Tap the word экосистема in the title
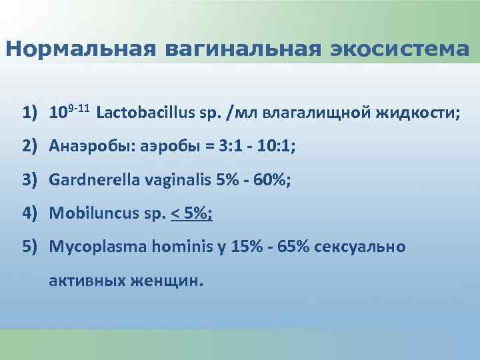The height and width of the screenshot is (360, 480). point(399,49)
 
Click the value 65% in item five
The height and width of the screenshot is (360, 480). point(290,247)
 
